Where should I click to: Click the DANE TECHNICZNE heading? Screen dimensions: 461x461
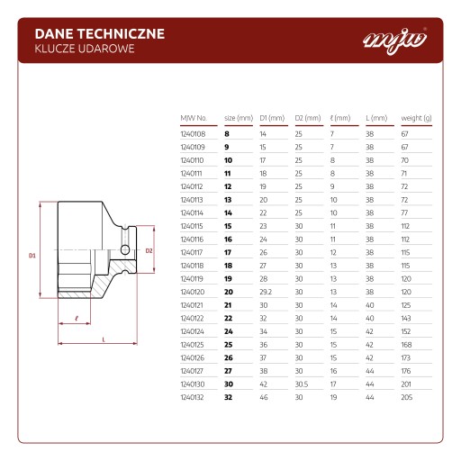pos(100,34)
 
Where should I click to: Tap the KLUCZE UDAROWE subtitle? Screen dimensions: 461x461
pos(85,49)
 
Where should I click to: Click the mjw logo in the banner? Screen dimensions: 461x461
pos(395,41)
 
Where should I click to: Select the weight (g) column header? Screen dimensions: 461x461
pos(416,118)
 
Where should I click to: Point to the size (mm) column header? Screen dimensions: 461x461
pos(239,118)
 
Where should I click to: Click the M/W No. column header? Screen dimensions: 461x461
pos(194,118)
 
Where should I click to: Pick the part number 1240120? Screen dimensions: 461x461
pos(193,292)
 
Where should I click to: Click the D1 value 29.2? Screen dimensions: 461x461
pos(266,292)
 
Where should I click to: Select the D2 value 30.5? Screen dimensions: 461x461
pos(302,384)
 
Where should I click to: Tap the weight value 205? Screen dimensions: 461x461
pos(407,397)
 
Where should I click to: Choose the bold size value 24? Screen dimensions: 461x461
pos(229,331)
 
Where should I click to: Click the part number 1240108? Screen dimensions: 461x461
pos(193,134)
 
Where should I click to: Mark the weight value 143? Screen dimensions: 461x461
pos(406,319)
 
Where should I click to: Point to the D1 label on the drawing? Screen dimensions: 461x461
pos(32,256)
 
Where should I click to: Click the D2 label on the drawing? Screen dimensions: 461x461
pos(149,251)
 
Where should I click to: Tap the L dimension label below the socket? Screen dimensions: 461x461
pos(104,339)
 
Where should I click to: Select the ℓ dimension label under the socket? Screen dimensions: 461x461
pos(77,319)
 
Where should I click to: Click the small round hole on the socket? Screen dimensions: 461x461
pos(125,249)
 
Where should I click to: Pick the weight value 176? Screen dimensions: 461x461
pos(406,371)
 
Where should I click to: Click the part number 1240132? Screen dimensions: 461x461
pos(192,397)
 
